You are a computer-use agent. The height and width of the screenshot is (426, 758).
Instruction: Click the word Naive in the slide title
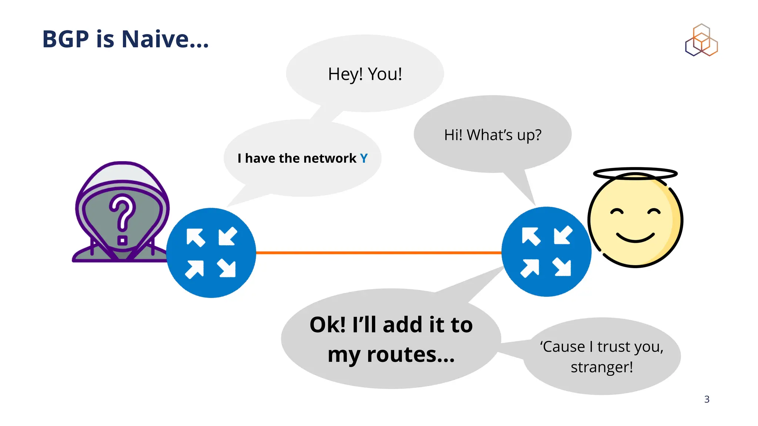[155, 39]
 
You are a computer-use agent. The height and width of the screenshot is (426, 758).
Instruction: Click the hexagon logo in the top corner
[701, 41]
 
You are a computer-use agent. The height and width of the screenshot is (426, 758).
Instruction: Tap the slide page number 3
[707, 399]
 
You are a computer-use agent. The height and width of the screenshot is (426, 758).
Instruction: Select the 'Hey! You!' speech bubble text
[365, 74]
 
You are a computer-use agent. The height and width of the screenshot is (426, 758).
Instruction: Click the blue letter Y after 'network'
[364, 158]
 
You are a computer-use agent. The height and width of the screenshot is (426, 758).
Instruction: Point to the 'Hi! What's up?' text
[493, 135]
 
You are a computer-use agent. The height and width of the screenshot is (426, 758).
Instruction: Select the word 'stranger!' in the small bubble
[601, 367]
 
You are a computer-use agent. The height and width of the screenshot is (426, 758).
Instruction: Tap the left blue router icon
[211, 253]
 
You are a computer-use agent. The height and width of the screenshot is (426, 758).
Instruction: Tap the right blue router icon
[546, 251]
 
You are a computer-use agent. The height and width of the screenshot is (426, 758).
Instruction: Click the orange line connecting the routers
[378, 253]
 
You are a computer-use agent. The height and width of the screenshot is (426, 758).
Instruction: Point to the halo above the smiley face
[635, 173]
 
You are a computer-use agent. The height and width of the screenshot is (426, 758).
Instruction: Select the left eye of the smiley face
[617, 212]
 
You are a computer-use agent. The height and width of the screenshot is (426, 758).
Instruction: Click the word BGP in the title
[66, 39]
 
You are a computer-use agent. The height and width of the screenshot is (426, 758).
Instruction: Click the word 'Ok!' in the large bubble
[327, 325]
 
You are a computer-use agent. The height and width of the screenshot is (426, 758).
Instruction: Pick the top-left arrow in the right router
[530, 236]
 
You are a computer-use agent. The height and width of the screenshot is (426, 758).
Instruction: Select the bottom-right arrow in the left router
[227, 268]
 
